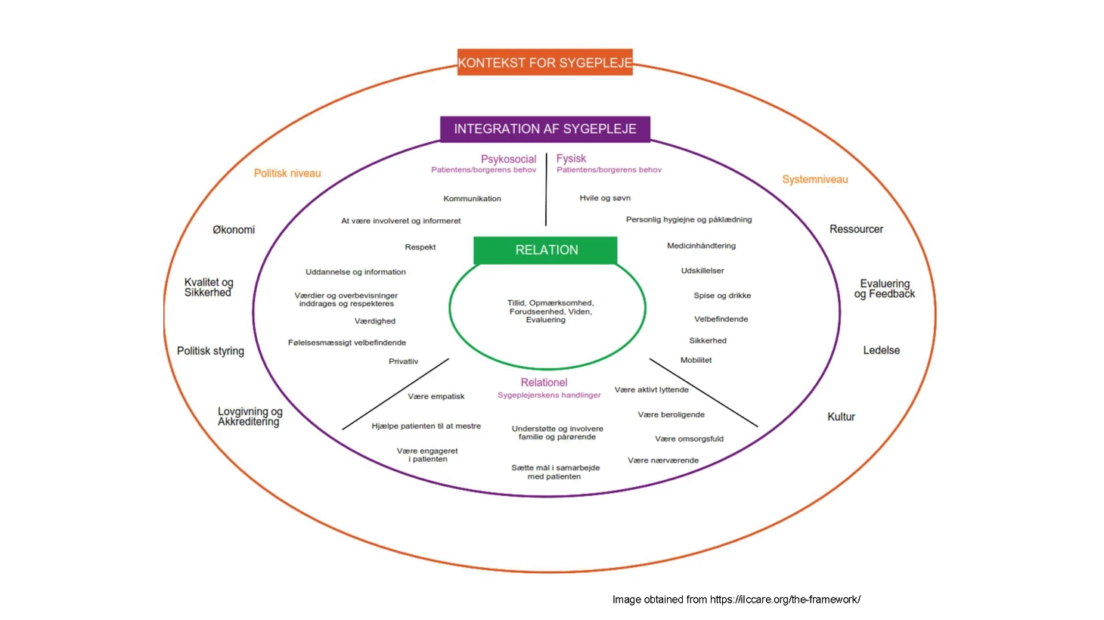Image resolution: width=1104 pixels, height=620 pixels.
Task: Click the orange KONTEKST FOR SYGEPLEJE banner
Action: click(544, 63)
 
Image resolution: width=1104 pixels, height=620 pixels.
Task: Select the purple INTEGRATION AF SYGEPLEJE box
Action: click(544, 129)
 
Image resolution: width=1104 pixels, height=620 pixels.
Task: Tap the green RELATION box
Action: click(546, 250)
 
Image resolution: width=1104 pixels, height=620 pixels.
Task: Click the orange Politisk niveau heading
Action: click(287, 173)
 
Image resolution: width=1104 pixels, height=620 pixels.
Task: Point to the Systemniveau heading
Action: click(814, 179)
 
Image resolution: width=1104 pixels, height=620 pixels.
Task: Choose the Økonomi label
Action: click(234, 230)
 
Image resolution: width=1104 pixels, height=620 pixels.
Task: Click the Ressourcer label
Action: click(856, 229)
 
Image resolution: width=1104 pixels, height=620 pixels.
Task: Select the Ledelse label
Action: click(881, 350)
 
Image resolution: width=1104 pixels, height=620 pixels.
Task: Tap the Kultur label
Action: click(841, 417)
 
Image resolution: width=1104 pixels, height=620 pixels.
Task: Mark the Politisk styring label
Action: click(210, 351)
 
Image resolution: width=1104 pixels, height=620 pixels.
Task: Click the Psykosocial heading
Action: click(508, 159)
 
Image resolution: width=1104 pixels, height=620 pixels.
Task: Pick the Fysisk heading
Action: click(571, 158)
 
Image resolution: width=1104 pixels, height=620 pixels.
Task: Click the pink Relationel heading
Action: click(544, 383)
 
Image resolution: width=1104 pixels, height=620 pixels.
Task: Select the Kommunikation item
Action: click(472, 199)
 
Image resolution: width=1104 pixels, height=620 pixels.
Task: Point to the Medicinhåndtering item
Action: click(701, 246)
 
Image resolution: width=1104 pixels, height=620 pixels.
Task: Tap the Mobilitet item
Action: click(696, 360)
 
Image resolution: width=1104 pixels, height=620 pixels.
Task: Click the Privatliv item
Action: click(403, 361)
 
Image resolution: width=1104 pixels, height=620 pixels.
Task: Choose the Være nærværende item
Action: click(662, 460)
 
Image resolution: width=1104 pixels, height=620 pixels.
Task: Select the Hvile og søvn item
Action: click(605, 198)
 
